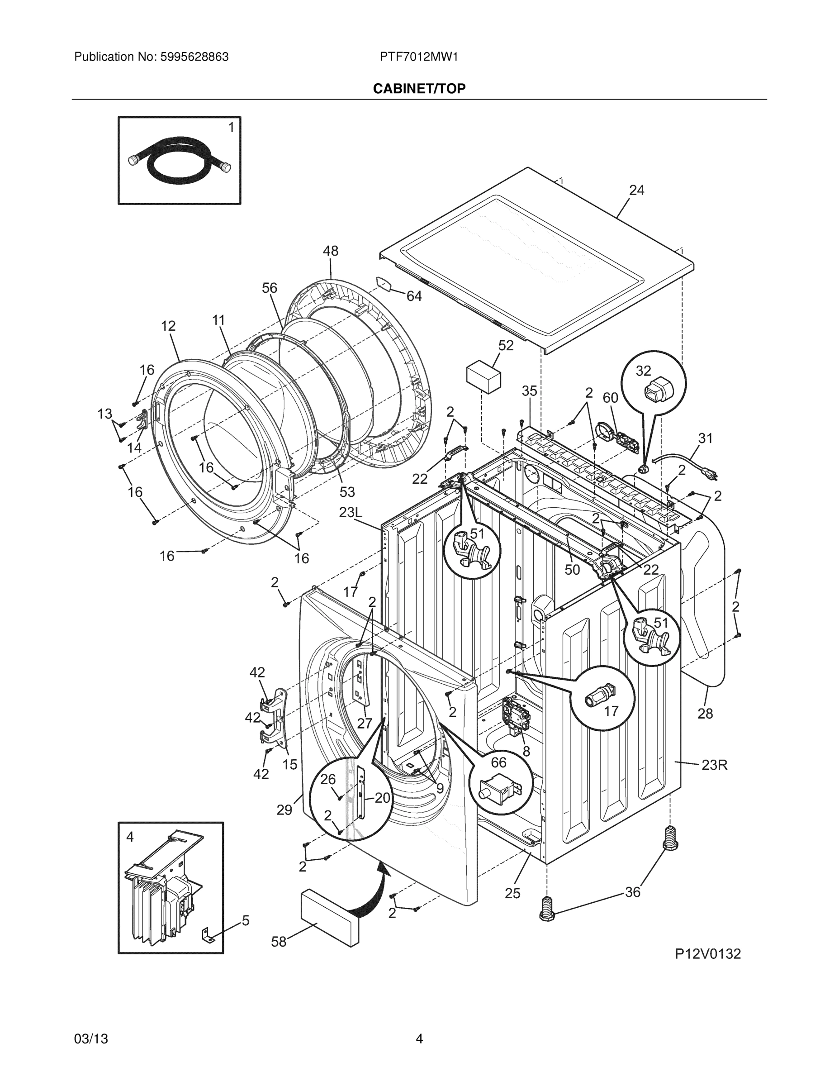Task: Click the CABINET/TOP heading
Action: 419,89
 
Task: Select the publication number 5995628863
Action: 194,57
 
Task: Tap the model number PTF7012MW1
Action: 418,57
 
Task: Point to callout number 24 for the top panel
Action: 637,191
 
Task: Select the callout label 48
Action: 331,251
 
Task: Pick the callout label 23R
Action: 714,765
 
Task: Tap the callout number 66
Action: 498,762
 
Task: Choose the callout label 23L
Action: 351,512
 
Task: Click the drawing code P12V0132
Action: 707,954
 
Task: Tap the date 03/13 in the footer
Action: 91,1039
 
